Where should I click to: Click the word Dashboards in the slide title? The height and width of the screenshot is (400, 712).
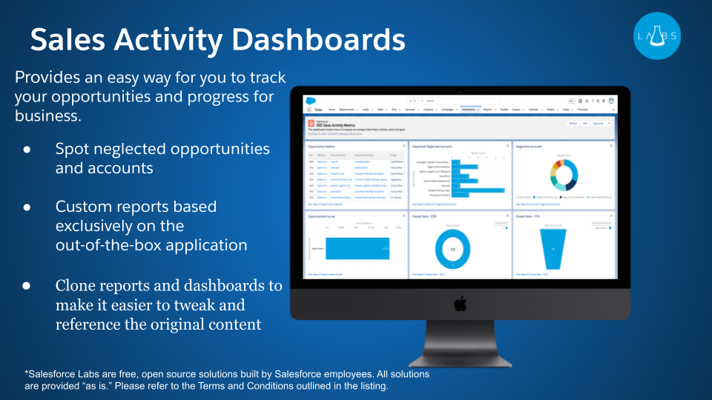tap(311, 39)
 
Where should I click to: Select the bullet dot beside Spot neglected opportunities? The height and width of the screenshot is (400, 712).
tap(27, 150)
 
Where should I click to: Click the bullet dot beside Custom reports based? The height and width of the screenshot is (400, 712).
tap(27, 207)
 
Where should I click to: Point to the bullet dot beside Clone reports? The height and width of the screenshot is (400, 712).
tap(27, 286)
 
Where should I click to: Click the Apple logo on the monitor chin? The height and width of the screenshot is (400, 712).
tap(460, 304)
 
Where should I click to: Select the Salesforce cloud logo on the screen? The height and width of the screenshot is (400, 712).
tap(311, 100)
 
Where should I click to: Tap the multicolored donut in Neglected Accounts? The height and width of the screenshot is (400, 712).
tap(561, 175)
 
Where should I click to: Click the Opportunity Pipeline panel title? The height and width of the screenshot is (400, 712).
tap(323, 147)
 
